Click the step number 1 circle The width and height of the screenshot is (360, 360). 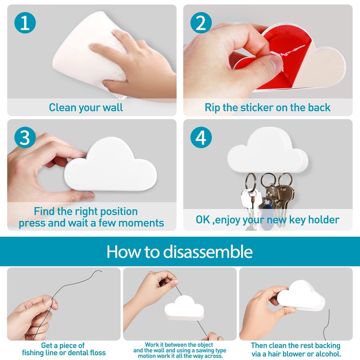pos(25,23)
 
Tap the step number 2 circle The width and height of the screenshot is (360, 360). pos(201,23)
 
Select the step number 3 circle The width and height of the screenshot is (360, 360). pos(25,137)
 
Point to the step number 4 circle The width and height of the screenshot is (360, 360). pos(201,137)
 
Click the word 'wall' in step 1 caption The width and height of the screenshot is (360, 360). pos(112,107)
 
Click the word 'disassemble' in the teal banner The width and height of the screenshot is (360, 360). pos(208,252)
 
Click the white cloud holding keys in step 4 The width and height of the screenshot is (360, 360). pos(267,150)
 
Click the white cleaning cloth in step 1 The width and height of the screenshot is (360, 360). pos(90,53)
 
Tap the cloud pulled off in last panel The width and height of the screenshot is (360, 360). pos(301,296)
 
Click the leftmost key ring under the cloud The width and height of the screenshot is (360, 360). pos(250,181)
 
